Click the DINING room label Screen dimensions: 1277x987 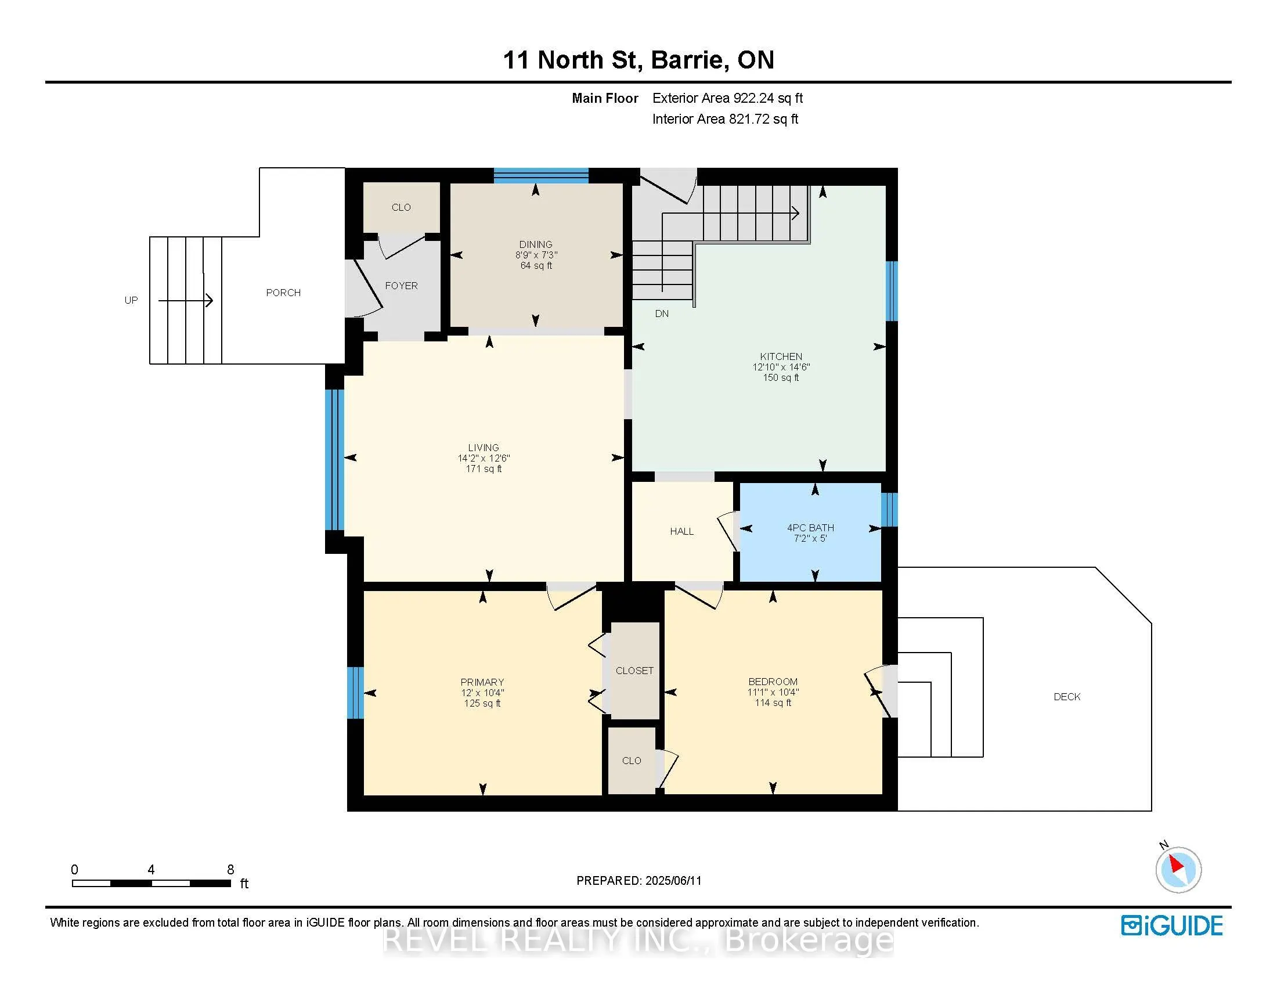(536, 244)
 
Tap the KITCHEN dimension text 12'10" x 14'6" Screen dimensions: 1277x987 (781, 367)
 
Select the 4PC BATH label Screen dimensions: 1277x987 (810, 528)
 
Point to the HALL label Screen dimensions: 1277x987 (682, 531)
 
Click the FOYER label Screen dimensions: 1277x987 (401, 286)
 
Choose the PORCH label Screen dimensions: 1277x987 (284, 293)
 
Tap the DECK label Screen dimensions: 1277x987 (1067, 697)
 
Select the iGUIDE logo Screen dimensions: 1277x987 (1173, 925)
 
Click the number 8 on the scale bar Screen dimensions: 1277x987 (231, 870)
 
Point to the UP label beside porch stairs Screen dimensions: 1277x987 (131, 301)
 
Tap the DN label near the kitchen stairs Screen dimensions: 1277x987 (662, 314)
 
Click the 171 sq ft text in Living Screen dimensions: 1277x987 (484, 469)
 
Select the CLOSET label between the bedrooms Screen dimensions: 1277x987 (634, 671)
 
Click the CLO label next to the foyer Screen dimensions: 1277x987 (401, 208)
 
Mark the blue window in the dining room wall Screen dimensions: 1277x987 (542, 175)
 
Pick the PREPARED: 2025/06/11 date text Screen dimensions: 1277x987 (639, 881)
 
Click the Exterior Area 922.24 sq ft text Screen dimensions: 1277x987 (728, 98)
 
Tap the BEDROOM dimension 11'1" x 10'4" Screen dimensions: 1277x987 (773, 692)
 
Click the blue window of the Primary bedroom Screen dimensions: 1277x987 (355, 693)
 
